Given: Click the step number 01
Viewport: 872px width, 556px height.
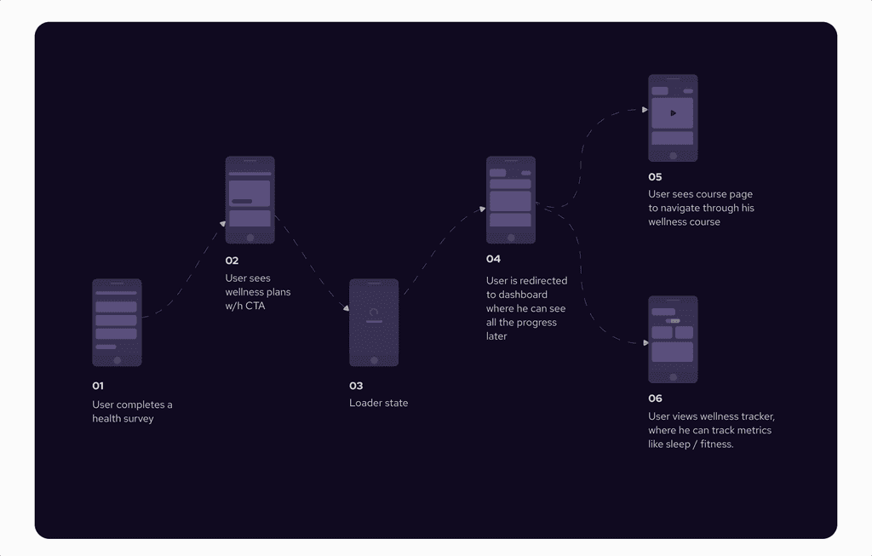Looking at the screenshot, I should click(x=98, y=386).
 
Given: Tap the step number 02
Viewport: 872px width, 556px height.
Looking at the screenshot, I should click(x=232, y=261).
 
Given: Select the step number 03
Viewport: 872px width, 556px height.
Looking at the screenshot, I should click(x=356, y=386).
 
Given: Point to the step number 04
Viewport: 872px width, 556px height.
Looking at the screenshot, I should click(x=493, y=259).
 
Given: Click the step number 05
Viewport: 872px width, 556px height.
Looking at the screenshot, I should click(x=655, y=177).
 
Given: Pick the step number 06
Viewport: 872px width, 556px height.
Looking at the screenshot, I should click(x=655, y=398).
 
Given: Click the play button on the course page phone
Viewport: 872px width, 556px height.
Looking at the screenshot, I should click(x=673, y=112).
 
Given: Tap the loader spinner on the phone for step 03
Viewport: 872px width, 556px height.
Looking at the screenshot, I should click(x=373, y=312).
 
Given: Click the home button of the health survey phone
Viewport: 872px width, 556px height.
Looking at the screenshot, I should click(x=118, y=359).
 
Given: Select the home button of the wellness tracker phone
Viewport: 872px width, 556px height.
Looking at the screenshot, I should click(x=674, y=376).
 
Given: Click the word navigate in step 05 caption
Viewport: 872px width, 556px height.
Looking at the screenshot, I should click(x=690, y=208).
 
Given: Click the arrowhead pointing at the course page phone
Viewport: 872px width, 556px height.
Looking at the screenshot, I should click(x=644, y=110).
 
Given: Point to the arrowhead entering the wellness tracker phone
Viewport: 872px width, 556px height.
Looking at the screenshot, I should click(x=645, y=343).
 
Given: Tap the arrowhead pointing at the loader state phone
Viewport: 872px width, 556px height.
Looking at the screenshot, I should click(x=346, y=308).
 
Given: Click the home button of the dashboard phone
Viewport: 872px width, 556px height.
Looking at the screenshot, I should click(x=511, y=238).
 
